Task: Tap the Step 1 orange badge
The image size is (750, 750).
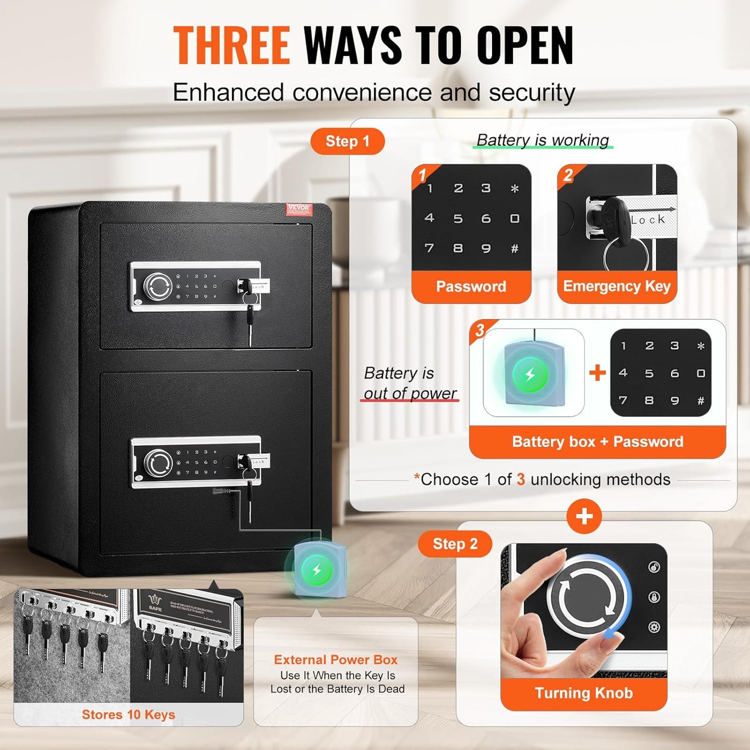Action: pyautogui.click(x=347, y=141)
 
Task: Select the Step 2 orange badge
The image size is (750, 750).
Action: pyautogui.click(x=455, y=544)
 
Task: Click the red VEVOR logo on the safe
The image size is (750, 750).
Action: pyautogui.click(x=298, y=209)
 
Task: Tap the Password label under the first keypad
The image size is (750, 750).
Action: pyautogui.click(x=471, y=287)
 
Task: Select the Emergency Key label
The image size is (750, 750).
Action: pyautogui.click(x=617, y=287)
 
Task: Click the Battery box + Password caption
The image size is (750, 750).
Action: pyautogui.click(x=597, y=442)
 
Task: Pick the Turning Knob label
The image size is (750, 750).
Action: pyautogui.click(x=583, y=693)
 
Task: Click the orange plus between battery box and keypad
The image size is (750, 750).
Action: pyautogui.click(x=597, y=373)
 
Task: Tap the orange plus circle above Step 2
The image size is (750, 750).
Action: pyautogui.click(x=584, y=516)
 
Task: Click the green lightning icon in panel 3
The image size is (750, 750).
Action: pyautogui.click(x=530, y=374)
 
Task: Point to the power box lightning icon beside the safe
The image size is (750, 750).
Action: pyautogui.click(x=317, y=570)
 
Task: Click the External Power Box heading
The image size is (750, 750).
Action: pyautogui.click(x=336, y=660)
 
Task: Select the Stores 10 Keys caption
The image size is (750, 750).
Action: pyautogui.click(x=128, y=715)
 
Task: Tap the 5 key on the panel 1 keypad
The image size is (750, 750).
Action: pyautogui.click(x=458, y=219)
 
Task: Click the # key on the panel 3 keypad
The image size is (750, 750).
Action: pyautogui.click(x=701, y=401)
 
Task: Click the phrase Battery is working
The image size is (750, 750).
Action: pyautogui.click(x=542, y=140)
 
